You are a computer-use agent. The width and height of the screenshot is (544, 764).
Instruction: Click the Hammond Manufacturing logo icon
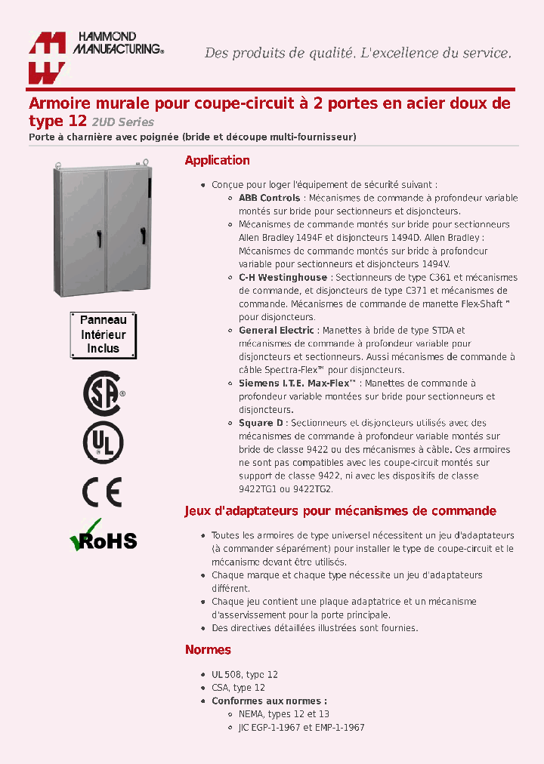coord(48,58)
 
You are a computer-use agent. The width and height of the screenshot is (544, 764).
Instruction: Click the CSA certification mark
coord(103,393)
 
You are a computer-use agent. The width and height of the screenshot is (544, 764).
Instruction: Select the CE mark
coord(102,492)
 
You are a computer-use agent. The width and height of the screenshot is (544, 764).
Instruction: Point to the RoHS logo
coord(103,537)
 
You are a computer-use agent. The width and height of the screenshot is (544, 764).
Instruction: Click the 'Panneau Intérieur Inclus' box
coord(103,334)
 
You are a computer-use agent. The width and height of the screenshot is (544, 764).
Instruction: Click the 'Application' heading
coord(217,160)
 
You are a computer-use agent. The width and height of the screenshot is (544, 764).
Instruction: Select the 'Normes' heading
coord(208,650)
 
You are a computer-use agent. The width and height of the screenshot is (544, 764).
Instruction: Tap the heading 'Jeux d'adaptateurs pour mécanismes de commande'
coord(340,511)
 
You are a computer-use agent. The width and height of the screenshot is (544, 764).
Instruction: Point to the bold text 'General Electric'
coord(276,331)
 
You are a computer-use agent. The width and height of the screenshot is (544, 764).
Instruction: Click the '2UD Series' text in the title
coord(123,122)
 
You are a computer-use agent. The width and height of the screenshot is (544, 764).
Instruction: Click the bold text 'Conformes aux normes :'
coord(269,701)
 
